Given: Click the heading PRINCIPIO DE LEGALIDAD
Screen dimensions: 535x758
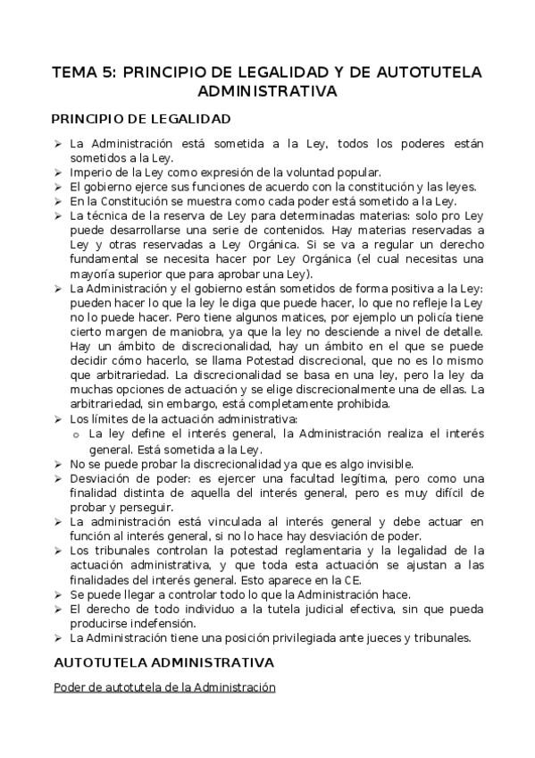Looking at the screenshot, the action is click(141, 118).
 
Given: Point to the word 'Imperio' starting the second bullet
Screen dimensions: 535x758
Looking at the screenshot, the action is click(90, 172).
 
